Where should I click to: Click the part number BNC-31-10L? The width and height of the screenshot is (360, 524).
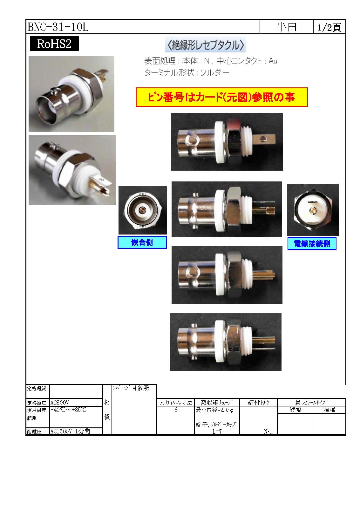pos(58,27)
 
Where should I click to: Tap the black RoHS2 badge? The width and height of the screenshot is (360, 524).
pos(54,44)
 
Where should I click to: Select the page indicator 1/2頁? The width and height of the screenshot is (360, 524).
pos(329,27)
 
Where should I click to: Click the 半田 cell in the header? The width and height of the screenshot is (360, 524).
pos(286,27)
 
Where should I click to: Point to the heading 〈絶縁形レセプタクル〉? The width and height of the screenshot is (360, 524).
pos(205,45)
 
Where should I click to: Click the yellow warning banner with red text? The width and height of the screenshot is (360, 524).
pos(222,97)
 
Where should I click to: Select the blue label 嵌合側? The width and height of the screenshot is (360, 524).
pos(142,242)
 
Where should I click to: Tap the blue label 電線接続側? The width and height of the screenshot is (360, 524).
pos(312,244)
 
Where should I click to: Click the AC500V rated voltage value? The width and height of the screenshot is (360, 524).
pos(60,403)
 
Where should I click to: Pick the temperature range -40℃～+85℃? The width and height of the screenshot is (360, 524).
pos(69,410)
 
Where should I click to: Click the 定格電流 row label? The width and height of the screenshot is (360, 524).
pos(37,389)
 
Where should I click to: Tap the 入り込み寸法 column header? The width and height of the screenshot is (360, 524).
pos(176,403)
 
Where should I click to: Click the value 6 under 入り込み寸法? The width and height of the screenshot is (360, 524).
pos(176,410)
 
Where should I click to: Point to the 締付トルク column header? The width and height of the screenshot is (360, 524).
pos(258,402)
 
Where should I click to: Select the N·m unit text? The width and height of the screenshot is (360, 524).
pos(269,432)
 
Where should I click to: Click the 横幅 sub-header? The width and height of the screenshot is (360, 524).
pos(329,410)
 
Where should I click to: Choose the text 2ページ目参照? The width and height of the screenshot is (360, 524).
pos(131,388)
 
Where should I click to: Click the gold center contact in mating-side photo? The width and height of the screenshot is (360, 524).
pos(142,210)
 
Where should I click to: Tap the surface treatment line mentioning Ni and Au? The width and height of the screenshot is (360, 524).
pos(211,61)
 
